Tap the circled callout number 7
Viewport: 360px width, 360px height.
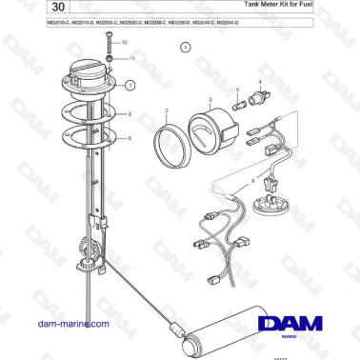tap(130, 85)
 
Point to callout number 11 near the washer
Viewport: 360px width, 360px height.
tap(132, 58)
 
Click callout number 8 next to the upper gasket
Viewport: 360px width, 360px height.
tap(130, 113)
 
